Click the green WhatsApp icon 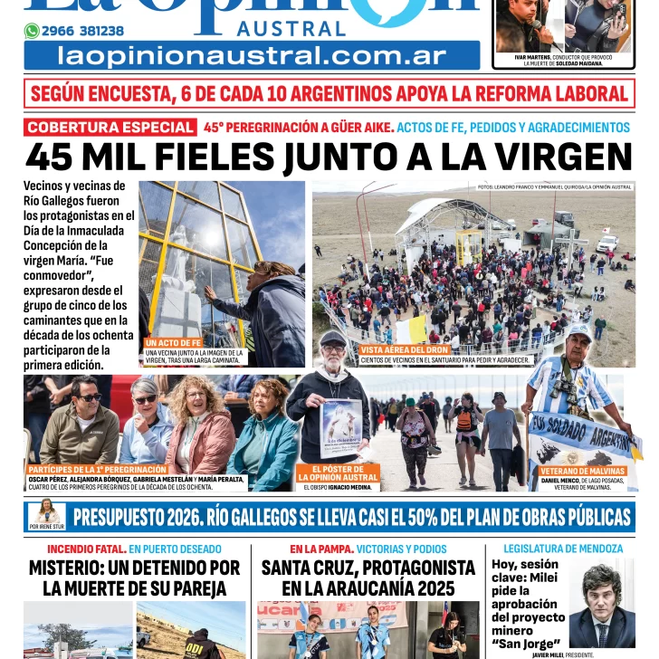(32, 31)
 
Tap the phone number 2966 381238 (82, 31)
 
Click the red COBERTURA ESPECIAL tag (110, 128)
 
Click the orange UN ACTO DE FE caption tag (173, 343)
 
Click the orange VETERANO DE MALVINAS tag (583, 471)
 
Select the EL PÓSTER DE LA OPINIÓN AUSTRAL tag (338, 473)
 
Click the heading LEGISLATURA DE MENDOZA (562, 549)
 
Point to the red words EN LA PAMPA (321, 549)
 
